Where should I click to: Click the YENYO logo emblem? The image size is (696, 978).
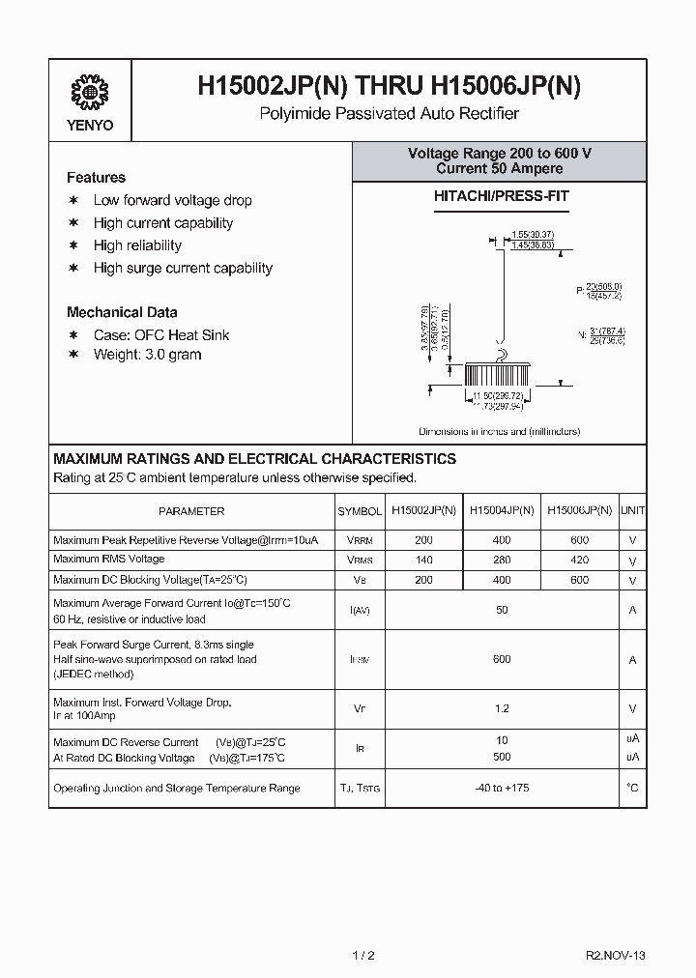pos(91,93)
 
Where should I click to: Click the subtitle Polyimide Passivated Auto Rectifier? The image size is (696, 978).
pos(390,114)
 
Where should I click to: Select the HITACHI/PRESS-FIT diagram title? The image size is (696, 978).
pos(500,196)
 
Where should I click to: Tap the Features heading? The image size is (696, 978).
pos(96,178)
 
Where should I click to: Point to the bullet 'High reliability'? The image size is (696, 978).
pos(137,245)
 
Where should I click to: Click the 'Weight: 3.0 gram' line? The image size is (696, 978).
pos(147,355)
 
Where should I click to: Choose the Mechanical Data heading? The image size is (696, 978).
pos(122,312)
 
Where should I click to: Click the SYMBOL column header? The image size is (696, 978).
pos(360,511)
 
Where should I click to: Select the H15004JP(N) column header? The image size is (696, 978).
pos(501,510)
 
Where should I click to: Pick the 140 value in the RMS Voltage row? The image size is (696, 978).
pos(422,561)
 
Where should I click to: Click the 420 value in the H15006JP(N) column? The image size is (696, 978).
pos(579,561)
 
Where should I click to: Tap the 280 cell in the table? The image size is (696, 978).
pos(501,561)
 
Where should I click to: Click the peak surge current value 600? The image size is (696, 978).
pos(501,659)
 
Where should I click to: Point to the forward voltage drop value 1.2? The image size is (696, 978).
pos(501,708)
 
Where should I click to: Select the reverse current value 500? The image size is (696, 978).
pos(501,757)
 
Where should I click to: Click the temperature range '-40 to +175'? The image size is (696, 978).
pos(501,789)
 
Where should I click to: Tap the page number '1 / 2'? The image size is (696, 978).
pos(363,955)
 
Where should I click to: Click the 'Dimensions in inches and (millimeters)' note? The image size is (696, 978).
pos(499,431)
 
